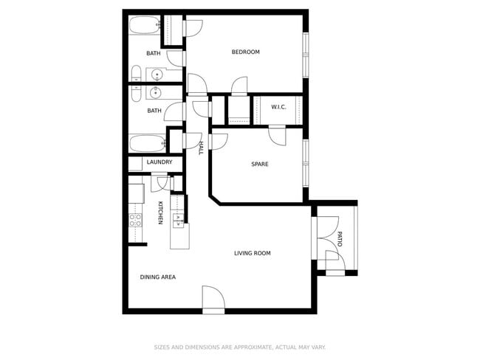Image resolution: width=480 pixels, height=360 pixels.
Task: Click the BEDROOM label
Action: (x=246, y=52)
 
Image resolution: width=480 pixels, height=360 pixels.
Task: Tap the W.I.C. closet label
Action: (x=278, y=108)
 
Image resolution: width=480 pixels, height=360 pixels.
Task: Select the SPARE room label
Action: (x=260, y=164)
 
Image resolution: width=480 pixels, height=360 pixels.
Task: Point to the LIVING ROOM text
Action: (x=253, y=253)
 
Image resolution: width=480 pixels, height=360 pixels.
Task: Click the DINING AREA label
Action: (x=158, y=277)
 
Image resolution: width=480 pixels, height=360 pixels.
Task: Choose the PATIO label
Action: (x=340, y=239)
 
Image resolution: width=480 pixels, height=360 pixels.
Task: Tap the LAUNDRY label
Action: (x=160, y=162)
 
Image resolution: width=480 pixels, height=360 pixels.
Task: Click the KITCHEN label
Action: (x=160, y=213)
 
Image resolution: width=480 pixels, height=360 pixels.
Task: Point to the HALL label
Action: (x=200, y=148)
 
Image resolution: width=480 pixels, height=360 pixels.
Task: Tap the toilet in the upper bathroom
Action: (x=137, y=73)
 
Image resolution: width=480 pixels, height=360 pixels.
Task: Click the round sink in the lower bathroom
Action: (x=157, y=92)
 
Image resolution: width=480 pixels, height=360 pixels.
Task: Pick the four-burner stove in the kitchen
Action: (x=136, y=219)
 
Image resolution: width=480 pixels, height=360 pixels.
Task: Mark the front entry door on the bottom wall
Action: (x=213, y=299)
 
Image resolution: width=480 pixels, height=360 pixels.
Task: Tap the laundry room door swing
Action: (x=162, y=181)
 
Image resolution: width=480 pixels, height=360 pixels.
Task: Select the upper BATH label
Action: (x=154, y=53)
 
